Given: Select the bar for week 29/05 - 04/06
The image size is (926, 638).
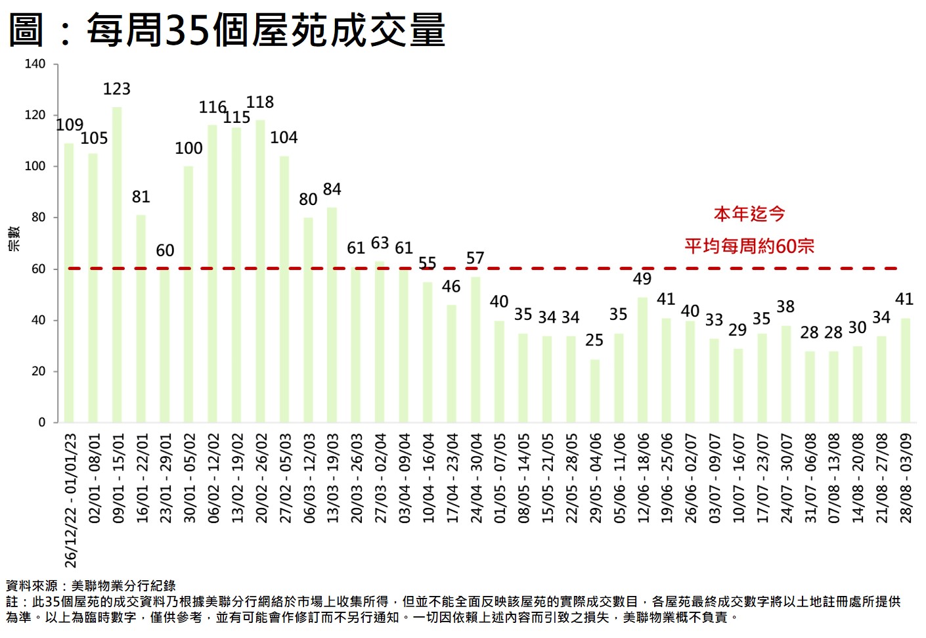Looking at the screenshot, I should (595, 391).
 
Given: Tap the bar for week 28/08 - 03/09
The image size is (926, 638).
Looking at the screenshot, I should (906, 371).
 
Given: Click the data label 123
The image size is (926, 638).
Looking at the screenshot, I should (117, 89).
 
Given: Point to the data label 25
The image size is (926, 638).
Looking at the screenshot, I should (594, 340).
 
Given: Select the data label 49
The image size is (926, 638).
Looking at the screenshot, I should (642, 279).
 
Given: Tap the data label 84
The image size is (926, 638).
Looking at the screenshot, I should (332, 189).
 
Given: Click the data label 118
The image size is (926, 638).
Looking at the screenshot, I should (260, 103).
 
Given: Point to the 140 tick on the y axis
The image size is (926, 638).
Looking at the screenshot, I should (35, 64).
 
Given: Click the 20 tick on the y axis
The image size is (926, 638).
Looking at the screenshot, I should (39, 371).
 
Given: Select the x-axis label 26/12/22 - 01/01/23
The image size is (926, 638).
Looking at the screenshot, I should (71, 500).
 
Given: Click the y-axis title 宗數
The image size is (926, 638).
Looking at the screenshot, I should (14, 239).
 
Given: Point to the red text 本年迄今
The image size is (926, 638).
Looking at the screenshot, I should (749, 214).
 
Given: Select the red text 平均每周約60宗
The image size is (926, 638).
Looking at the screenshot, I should (749, 246).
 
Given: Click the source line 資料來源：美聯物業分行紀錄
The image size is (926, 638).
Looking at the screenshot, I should (91, 585).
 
